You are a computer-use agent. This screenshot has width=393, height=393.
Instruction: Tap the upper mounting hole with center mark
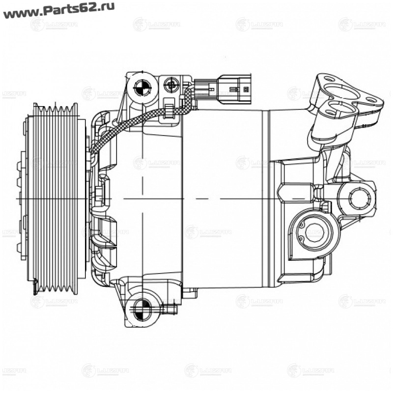click(x=141, y=89)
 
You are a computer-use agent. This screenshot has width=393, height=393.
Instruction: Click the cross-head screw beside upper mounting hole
click(x=171, y=86)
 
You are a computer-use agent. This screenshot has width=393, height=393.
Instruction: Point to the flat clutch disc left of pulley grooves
click(x=28, y=196)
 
